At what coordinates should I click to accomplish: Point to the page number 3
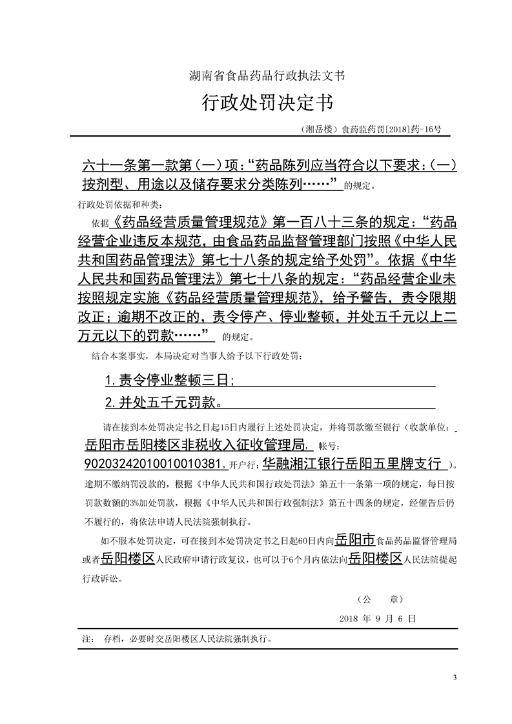coord(455,677)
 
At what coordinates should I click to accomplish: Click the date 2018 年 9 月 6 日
coord(377,618)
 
